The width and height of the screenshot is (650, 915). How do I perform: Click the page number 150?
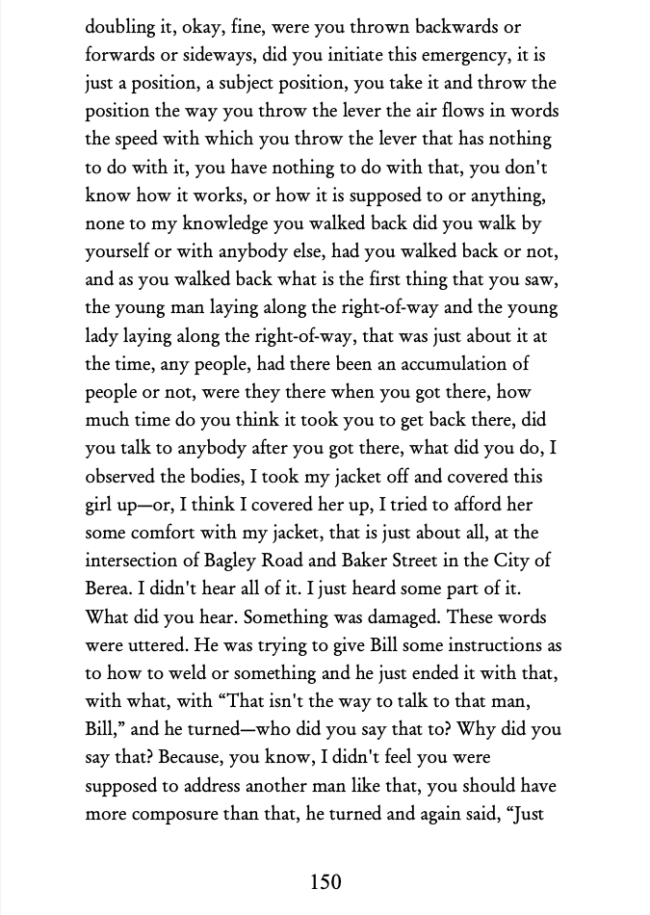point(325,881)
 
